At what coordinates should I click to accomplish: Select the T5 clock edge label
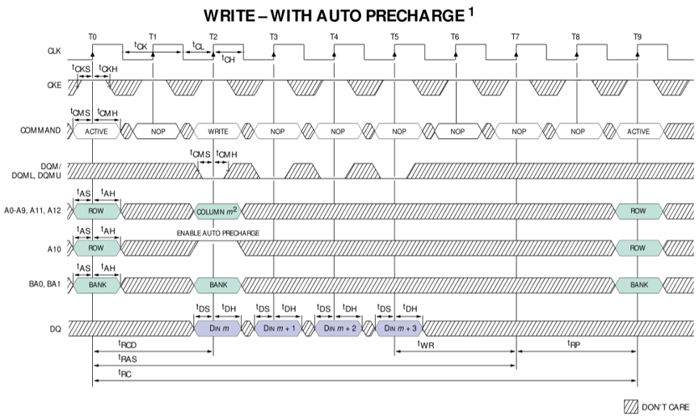(394, 37)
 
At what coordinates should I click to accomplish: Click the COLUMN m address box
(216, 211)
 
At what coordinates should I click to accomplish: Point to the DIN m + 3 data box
(399, 328)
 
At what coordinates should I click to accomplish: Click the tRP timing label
(575, 345)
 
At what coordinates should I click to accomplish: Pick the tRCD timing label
(127, 345)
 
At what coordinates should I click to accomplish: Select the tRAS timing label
(127, 358)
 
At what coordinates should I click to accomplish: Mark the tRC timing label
(125, 372)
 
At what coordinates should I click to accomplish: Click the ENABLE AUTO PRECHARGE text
(218, 233)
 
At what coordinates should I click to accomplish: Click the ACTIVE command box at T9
(638, 130)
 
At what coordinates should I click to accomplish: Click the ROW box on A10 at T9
(638, 249)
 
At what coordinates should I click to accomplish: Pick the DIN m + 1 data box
(278, 328)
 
